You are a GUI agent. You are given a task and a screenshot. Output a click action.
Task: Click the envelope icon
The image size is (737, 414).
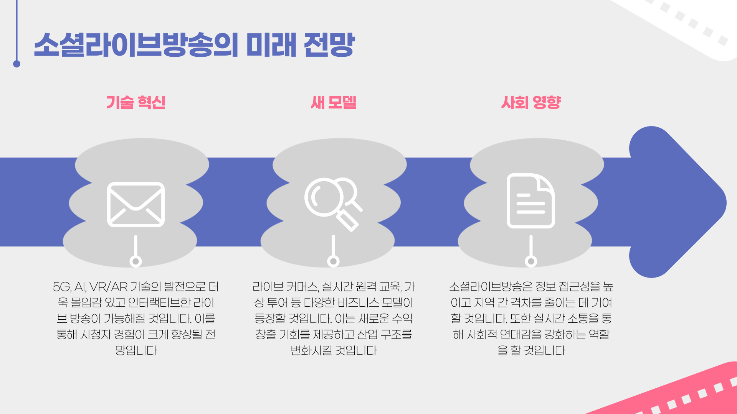point(136,204)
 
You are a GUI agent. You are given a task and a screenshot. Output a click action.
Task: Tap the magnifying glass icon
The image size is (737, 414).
point(332,203)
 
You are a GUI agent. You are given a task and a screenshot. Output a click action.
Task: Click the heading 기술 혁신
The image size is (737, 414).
point(136,102)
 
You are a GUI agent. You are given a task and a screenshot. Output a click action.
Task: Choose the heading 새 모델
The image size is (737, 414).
point(333,102)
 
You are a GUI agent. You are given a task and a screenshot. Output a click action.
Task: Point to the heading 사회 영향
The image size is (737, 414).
point(531,102)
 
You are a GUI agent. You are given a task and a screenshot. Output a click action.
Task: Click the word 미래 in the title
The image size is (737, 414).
point(271,45)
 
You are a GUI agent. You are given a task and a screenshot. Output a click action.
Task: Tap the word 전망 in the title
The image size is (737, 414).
point(329,45)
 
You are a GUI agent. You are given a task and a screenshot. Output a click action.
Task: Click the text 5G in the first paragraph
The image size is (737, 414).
point(62,287)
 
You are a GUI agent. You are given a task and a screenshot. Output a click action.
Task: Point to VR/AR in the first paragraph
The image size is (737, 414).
point(108,287)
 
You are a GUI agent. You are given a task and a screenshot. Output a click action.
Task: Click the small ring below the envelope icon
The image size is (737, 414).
point(136,261)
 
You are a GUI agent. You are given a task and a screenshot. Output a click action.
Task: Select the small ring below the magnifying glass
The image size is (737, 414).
point(333,261)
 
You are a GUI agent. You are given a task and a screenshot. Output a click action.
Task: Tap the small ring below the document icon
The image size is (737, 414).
point(531,261)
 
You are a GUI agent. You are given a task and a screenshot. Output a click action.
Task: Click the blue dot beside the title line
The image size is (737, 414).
point(17,64)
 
